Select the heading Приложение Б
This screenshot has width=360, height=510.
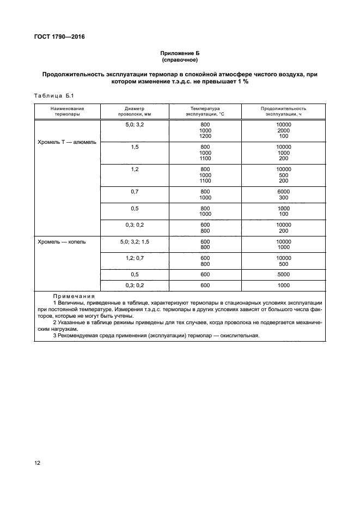coord(180,53)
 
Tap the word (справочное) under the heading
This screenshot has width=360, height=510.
coord(180,60)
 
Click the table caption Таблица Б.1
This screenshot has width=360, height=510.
coord(53,96)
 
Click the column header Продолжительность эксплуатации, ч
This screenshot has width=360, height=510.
coord(283,112)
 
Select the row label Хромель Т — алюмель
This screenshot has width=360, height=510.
coord(67,142)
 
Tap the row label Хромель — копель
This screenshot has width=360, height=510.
coord(62,241)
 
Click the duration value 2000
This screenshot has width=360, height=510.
coord(284,130)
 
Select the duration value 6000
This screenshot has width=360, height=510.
coord(284,191)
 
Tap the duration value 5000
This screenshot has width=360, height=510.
coord(284,275)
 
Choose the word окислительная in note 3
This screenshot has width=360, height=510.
coord(241,335)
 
